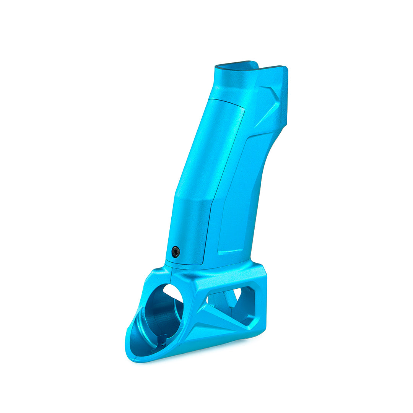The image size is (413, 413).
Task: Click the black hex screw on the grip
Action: [176, 252]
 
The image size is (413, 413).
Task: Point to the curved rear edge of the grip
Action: [264, 172]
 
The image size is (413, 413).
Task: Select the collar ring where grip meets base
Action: [191, 265]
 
